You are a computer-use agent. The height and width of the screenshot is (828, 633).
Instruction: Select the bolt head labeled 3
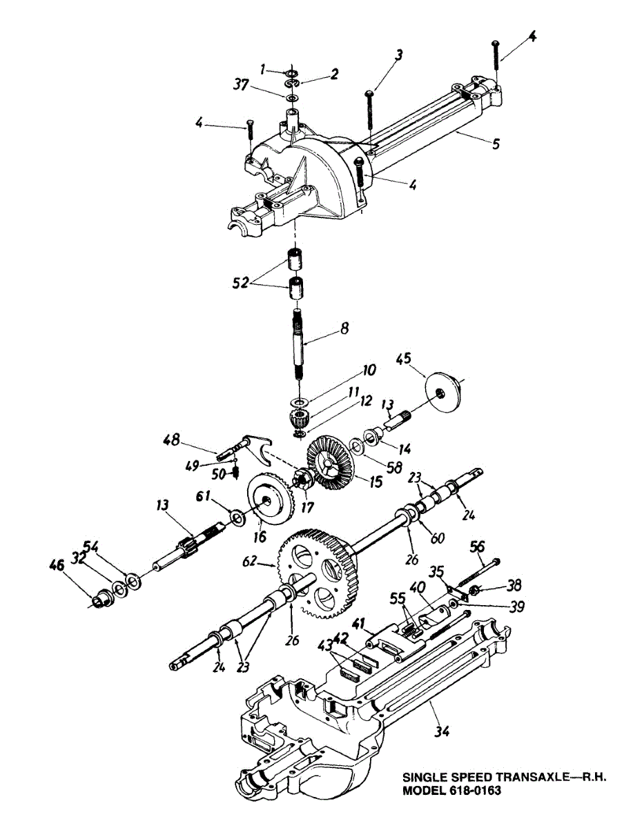click(371, 92)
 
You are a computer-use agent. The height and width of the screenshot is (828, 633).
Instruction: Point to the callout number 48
click(172, 439)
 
